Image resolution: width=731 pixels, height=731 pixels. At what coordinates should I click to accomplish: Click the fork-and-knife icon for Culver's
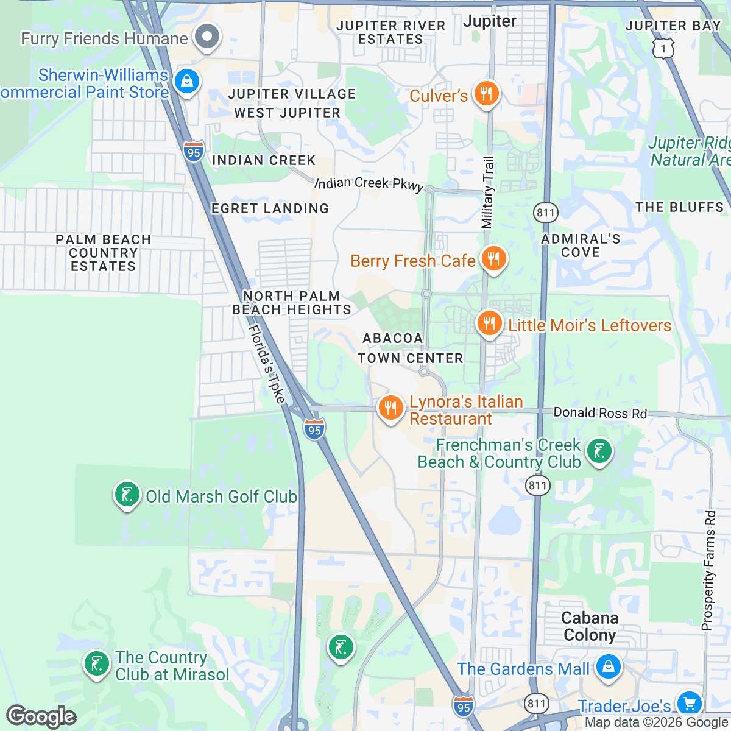(486, 94)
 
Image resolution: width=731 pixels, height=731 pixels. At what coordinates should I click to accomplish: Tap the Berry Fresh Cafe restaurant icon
(493, 259)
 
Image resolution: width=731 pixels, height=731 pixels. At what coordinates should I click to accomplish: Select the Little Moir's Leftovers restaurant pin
(489, 323)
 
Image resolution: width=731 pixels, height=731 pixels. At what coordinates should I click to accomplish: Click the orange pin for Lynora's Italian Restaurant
(390, 408)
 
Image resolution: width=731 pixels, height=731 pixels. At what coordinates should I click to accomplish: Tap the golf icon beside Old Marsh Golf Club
(127, 495)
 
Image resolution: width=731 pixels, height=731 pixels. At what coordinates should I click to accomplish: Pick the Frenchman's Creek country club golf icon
(599, 452)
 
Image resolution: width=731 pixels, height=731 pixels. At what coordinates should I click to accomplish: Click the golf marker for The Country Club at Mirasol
(96, 664)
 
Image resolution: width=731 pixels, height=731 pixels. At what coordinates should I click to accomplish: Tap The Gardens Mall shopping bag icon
(608, 667)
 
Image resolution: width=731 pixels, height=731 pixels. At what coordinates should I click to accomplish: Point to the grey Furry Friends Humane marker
(207, 37)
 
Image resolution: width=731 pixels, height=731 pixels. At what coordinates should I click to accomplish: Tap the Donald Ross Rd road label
(599, 413)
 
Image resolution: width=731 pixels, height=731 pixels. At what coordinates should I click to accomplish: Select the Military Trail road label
(488, 192)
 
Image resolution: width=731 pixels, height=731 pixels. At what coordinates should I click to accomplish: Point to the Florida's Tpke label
(267, 364)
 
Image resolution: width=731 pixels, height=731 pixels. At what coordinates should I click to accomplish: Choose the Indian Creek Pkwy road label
(369, 183)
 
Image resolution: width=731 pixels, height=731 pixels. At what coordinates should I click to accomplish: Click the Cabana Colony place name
(589, 626)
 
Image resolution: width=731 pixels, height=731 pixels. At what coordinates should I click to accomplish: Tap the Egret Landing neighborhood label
(270, 208)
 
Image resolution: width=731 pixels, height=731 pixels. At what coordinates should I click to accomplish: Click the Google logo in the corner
(41, 716)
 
